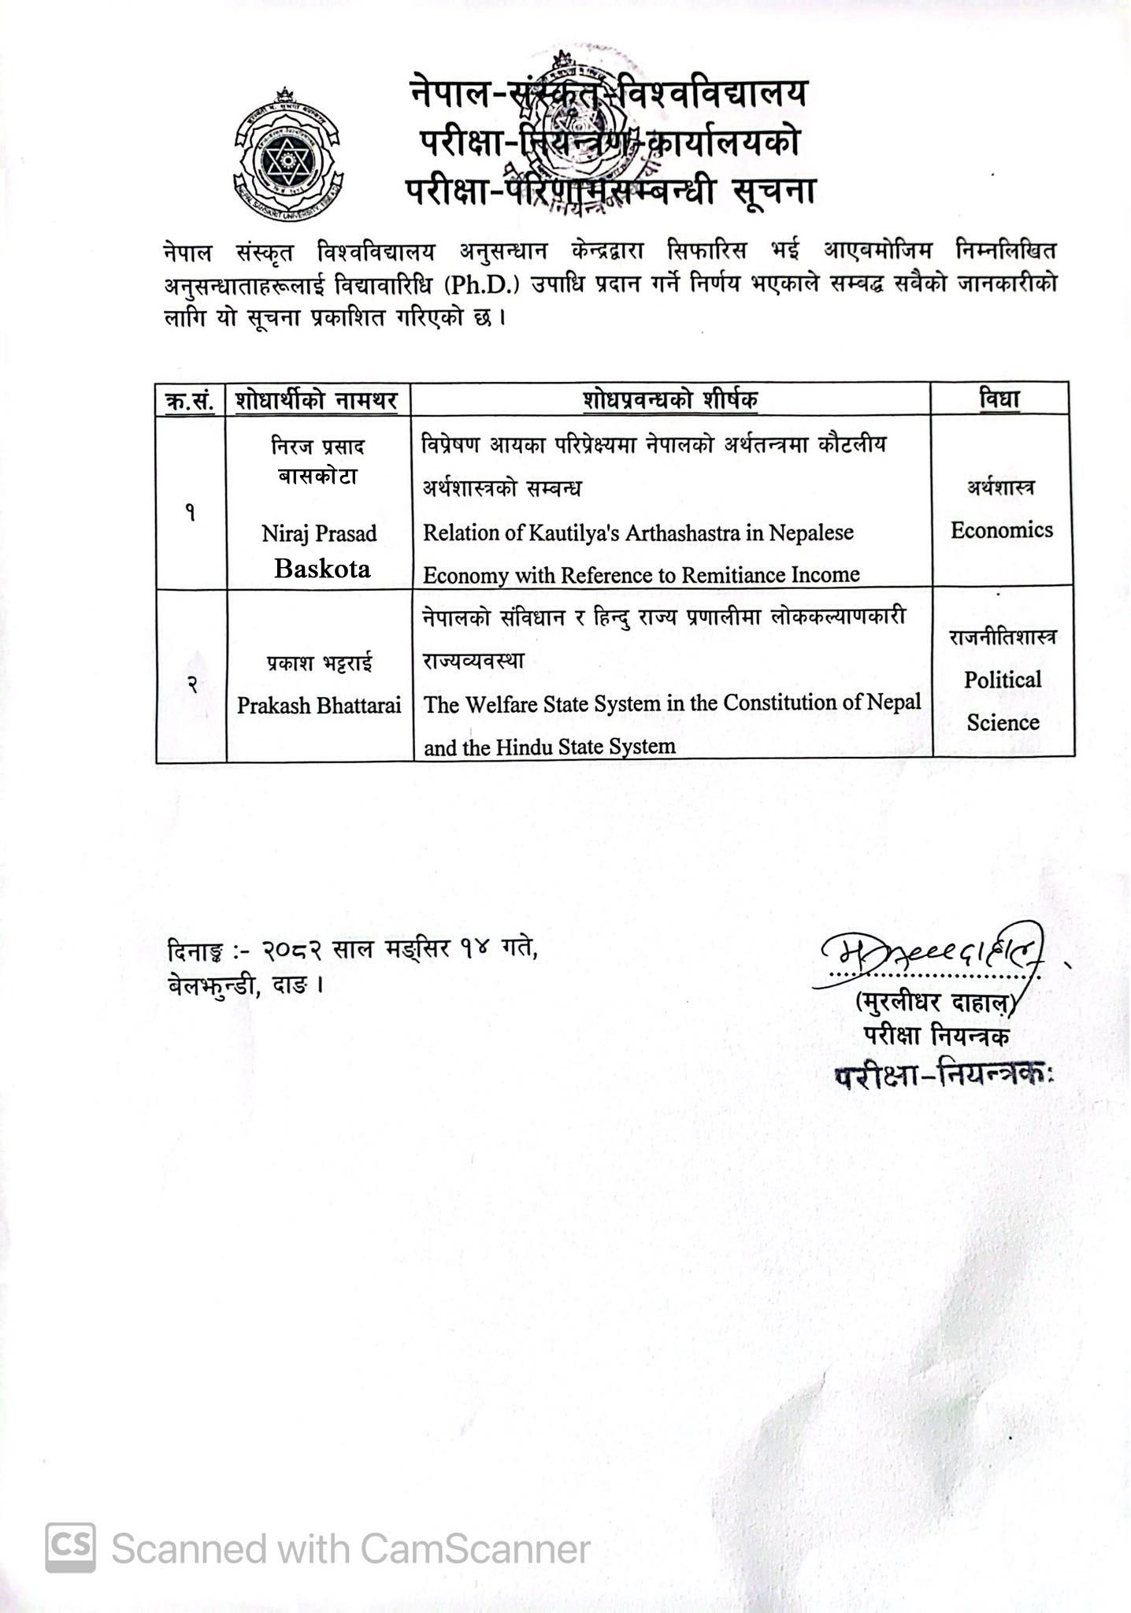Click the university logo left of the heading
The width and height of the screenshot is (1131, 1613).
288,154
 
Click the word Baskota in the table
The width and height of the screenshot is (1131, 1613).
322,569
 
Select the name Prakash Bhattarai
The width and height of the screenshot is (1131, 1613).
319,705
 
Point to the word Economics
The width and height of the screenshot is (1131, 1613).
1001,530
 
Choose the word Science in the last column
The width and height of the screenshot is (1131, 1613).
1003,722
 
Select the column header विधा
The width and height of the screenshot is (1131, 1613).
999,399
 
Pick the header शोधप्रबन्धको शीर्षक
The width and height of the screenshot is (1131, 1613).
671,400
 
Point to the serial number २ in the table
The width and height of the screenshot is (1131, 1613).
191,685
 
